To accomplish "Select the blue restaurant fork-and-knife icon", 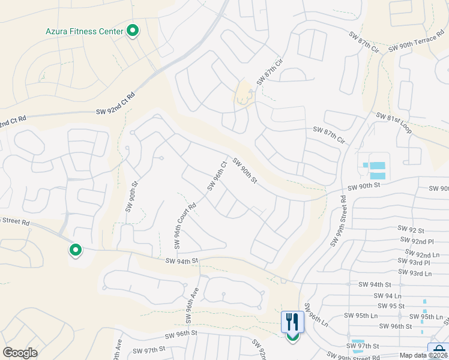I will pyautogui.click(x=292, y=322).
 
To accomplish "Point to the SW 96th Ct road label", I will pyautogui.click(x=217, y=175).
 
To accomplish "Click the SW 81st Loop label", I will pyautogui.click(x=394, y=123).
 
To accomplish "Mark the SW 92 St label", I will pyautogui.click(x=411, y=230).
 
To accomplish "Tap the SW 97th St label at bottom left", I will pyautogui.click(x=149, y=350).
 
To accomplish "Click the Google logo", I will pyautogui.click(x=20, y=353).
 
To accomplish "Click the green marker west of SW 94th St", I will pyautogui.click(x=75, y=250).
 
